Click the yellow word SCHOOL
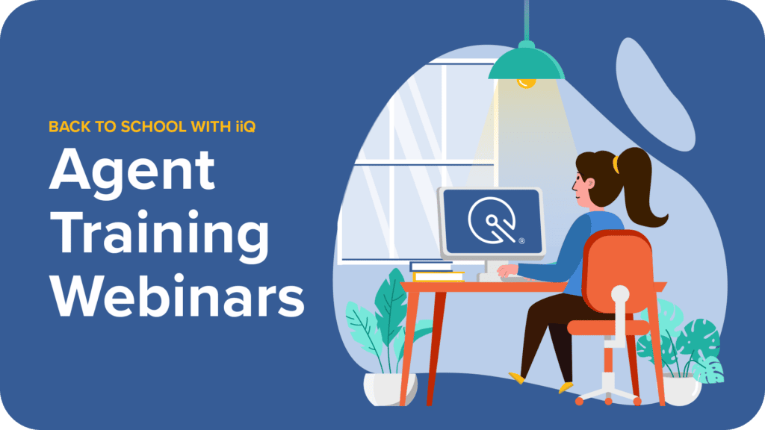[153, 127]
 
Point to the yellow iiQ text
[245, 127]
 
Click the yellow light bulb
[526, 84]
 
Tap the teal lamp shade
[527, 63]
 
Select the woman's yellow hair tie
[616, 164]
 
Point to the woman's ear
[591, 184]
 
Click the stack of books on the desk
[436, 272]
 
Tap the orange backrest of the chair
[618, 270]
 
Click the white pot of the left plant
[390, 388]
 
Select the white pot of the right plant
[681, 390]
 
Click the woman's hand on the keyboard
[507, 270]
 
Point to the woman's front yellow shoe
[517, 378]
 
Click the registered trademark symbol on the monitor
[521, 241]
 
